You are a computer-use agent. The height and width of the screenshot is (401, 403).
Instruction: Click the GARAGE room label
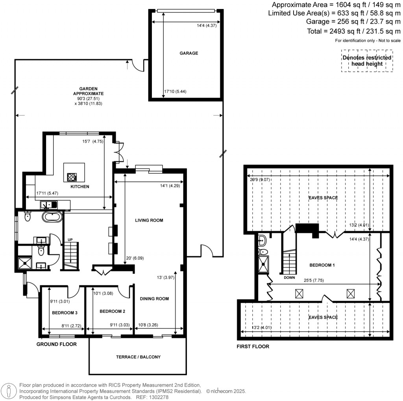pyautogui.click(x=189, y=53)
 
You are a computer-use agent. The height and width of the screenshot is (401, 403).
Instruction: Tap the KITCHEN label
pyautogui.click(x=80, y=186)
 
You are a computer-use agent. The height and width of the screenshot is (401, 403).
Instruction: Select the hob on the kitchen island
pyautogui.click(x=72, y=177)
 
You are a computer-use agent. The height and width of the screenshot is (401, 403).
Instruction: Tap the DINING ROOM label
pyautogui.click(x=154, y=299)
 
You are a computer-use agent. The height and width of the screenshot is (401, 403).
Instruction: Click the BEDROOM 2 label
pyautogui.click(x=112, y=311)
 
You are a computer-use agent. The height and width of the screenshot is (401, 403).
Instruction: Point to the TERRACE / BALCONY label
pyautogui.click(x=138, y=357)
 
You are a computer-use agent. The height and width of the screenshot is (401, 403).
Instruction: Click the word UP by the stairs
pyautogui.click(x=70, y=239)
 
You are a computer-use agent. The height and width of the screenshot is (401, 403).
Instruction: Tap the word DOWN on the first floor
pyautogui.click(x=289, y=277)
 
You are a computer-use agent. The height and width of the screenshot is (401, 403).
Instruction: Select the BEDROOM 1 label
pyautogui.click(x=322, y=265)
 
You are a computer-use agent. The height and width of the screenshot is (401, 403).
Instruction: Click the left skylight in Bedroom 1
pyautogui.click(x=299, y=293)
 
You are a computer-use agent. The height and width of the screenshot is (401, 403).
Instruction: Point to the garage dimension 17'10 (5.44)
pyautogui.click(x=175, y=92)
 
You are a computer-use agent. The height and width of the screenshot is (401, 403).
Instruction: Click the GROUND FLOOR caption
pyautogui.click(x=56, y=344)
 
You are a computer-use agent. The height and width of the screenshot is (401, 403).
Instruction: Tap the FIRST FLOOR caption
pyautogui.click(x=253, y=347)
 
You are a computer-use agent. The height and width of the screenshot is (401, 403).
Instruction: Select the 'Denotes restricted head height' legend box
pyautogui.click(x=367, y=61)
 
